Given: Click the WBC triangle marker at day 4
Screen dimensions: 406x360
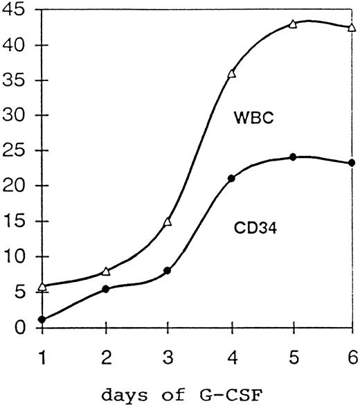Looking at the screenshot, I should [x=231, y=73].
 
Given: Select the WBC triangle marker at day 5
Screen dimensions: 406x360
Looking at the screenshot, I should [x=293, y=24].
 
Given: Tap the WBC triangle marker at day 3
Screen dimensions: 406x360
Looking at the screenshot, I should [x=168, y=222].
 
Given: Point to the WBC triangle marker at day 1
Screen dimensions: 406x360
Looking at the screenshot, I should [x=43, y=286].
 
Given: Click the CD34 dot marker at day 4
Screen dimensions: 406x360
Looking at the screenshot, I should [x=231, y=178].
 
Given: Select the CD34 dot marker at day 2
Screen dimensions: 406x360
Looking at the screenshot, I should [x=105, y=289].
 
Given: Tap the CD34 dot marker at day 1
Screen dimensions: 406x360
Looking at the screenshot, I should [x=43, y=319].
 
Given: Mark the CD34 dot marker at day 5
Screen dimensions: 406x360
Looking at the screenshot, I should [x=293, y=157].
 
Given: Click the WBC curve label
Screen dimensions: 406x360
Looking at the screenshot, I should [x=251, y=120].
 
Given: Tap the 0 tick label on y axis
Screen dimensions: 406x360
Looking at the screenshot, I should [x=23, y=328].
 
